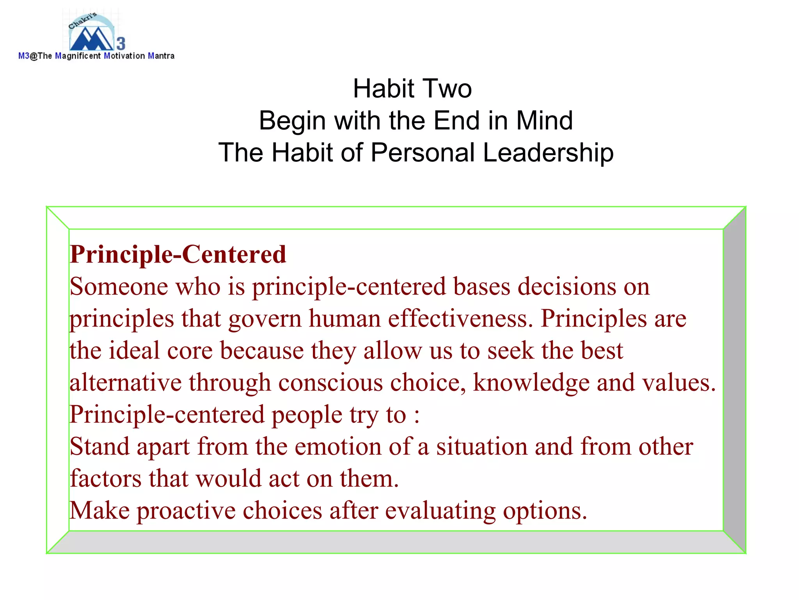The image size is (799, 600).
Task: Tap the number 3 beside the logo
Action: pyautogui.click(x=121, y=43)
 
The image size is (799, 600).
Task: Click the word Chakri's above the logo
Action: pyautogui.click(x=83, y=21)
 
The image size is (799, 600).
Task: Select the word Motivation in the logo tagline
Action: pyautogui.click(x=124, y=56)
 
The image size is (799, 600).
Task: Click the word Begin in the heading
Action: pyautogui.click(x=292, y=121)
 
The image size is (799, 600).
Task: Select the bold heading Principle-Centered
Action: pyautogui.click(x=178, y=255)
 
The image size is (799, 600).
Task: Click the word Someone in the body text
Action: pyautogui.click(x=119, y=287)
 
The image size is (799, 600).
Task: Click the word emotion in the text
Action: pyautogui.click(x=338, y=447)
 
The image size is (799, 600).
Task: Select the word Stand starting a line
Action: pyautogui.click(x=99, y=447)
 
